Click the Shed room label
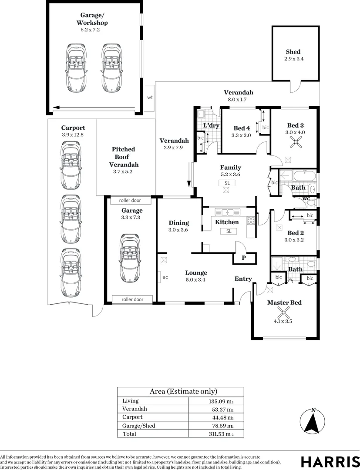point(293,52)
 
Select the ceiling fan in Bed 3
point(296,142)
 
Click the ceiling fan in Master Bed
point(283,312)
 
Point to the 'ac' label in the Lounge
point(165,277)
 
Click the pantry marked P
point(245,258)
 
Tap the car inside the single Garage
point(130,258)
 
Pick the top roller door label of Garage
point(130,200)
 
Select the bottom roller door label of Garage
point(132,299)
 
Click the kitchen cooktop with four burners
point(251,221)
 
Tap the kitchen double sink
point(228,212)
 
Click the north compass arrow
point(313,422)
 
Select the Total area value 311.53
point(221,434)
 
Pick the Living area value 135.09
point(221,401)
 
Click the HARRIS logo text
point(330,461)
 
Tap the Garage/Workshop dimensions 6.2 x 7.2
point(90,30)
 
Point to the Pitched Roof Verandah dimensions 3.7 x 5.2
point(123,171)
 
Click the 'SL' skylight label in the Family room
point(227,183)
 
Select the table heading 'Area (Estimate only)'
point(183,392)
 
